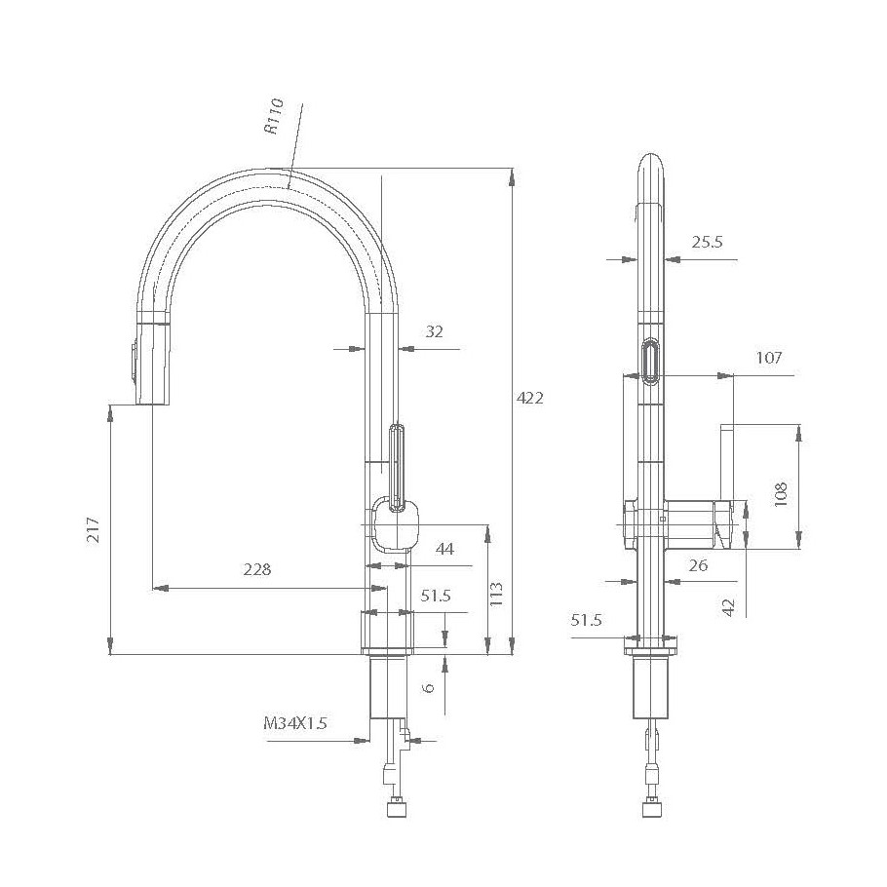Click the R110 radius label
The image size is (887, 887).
pos(273,117)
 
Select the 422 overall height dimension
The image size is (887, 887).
pos(530,398)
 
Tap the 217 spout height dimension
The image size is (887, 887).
pos(94,530)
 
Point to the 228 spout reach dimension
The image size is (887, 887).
pos(257,569)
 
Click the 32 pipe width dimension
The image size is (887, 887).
pos(434,331)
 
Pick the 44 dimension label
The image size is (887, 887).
pos(444,548)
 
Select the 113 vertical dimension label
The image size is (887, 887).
pos(496,594)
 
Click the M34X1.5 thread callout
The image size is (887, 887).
pos(295,722)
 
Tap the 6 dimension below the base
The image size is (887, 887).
pos(429,687)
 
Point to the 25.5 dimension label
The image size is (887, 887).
pos(707,242)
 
